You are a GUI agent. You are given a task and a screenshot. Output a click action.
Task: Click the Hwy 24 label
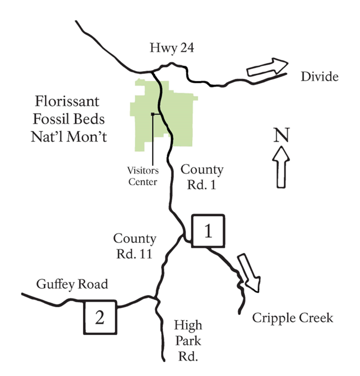[170, 49]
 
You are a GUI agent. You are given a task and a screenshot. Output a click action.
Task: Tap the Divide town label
[319, 77]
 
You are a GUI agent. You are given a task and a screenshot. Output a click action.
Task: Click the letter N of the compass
[281, 134]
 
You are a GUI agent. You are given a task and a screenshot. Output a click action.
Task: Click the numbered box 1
[208, 230]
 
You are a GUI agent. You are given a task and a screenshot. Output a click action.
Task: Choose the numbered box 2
[100, 317]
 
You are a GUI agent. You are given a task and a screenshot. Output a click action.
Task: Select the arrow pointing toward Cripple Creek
[248, 272]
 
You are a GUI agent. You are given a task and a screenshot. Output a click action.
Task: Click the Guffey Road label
[71, 284]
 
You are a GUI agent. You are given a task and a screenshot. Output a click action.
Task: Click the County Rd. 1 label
[202, 177]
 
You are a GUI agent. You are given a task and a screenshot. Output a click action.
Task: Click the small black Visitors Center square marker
[152, 115]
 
